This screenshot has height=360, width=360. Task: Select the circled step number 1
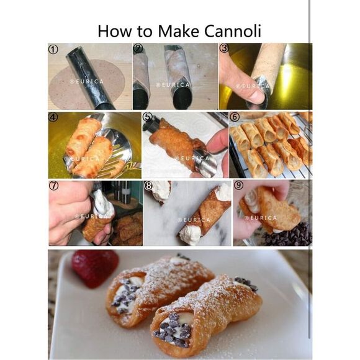pos(54,48)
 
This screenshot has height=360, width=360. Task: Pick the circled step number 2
pos(138,48)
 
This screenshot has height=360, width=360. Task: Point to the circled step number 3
pos(224,48)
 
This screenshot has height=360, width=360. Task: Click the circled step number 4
pos(54,116)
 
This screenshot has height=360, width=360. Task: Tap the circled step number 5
pos(147,116)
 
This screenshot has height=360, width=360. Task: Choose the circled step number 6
pos(234,117)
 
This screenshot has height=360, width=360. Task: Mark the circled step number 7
pos(54,185)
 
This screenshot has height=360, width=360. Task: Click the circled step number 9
pos(238,185)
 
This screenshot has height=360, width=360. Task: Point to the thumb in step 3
pos(243,87)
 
